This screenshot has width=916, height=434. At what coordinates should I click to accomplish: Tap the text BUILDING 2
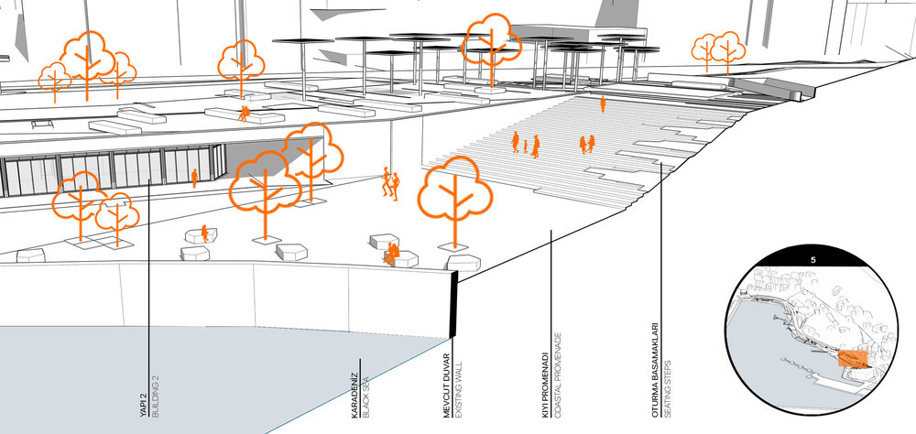coord(155,396)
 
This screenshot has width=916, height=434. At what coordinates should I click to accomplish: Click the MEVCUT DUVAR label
coord(448,385)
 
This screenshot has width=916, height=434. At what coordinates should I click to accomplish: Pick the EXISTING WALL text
coord(459,388)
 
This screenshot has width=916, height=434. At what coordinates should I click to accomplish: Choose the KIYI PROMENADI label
coord(545,385)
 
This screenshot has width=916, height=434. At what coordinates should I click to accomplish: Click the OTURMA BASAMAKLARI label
coord(655,370)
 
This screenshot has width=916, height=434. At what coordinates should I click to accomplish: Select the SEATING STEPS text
coord(667,389)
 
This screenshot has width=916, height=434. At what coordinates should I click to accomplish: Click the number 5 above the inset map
coord(812,261)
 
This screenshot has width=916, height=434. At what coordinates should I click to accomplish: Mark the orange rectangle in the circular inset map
coord(852,359)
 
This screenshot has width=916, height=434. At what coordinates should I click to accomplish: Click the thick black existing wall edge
coord(453,304)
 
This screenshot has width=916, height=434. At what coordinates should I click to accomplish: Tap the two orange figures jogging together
coord(390,183)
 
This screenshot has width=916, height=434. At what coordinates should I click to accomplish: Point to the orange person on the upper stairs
coord(603,104)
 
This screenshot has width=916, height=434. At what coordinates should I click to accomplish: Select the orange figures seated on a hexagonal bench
coord(391,255)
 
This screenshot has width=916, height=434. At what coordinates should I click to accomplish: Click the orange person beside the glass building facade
coord(194,179)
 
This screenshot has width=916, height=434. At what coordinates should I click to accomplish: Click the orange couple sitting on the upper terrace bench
coord(244,114)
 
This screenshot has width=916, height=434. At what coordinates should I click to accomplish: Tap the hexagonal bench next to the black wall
coord(463,263)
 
